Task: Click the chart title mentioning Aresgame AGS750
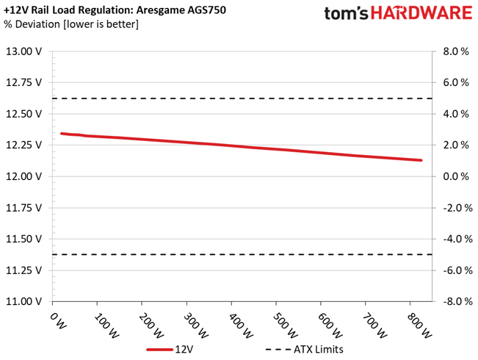tap(115, 10)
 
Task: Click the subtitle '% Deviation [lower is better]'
tap(71, 24)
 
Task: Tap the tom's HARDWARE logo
tap(398, 13)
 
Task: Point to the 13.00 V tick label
tap(23, 51)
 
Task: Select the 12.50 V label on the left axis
tap(23, 114)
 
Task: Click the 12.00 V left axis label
tap(23, 176)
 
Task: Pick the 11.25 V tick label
tap(23, 270)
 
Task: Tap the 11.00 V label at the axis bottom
tap(23, 302)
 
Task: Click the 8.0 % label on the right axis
tap(456, 51)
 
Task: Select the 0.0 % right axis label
tap(456, 176)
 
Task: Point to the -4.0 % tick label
tap(457, 240)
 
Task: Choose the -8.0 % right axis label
tap(457, 302)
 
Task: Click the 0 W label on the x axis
tap(57, 321)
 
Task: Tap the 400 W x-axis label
tap(240, 325)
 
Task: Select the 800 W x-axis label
tap(419, 325)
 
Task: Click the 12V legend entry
tap(170, 349)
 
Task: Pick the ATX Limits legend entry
tap(304, 349)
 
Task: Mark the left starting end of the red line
tap(62, 134)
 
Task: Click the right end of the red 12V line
tap(421, 160)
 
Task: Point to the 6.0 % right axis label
tap(456, 83)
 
